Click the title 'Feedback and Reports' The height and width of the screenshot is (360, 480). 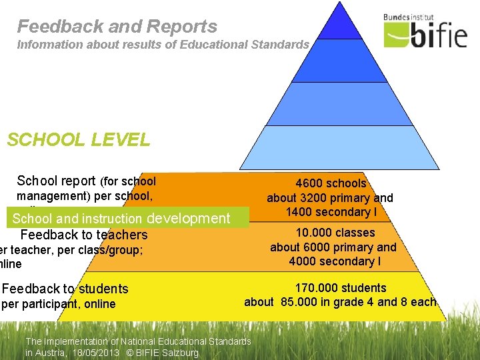click(117, 27)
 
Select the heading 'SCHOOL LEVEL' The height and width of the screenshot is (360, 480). click(78, 140)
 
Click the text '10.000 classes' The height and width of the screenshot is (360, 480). click(335, 233)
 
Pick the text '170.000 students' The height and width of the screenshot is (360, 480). click(341, 288)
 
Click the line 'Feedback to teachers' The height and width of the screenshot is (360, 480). click(84, 235)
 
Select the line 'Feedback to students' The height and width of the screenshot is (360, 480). click(65, 289)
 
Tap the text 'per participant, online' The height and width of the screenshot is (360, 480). click(59, 304)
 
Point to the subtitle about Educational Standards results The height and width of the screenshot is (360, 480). click(163, 45)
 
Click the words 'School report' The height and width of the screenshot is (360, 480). click(56, 181)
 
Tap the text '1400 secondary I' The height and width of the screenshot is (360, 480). click(329, 212)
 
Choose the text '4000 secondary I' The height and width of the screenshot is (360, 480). click(335, 261)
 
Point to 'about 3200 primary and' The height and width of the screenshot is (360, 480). click(330, 198)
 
